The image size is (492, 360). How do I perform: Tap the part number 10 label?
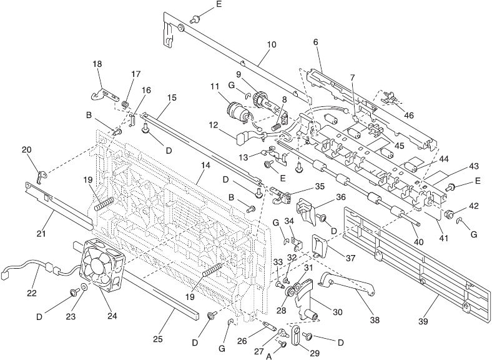point(272,44)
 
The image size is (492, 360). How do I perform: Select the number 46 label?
point(408,115)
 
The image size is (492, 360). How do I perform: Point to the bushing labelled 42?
point(449,214)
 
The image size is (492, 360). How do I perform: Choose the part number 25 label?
point(158,339)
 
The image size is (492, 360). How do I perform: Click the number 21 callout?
point(41,234)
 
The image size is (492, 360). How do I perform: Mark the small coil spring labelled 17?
point(125,104)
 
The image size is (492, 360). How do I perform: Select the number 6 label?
point(316,42)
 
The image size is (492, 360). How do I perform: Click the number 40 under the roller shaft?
point(419,242)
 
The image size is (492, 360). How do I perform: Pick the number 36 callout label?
point(341,197)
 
